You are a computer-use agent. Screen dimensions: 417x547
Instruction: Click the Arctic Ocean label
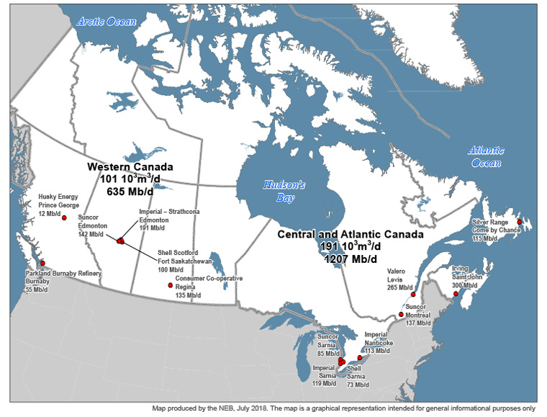click(107, 22)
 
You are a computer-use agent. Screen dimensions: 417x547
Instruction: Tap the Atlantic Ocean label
click(485, 157)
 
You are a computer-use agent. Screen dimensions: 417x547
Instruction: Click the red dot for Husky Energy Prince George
click(65, 218)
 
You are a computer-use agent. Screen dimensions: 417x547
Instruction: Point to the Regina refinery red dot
click(171, 286)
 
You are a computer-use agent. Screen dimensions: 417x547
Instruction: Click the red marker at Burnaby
click(42, 263)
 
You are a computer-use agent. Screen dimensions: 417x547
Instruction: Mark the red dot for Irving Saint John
click(456, 294)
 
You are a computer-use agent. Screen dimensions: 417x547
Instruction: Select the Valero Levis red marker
click(413, 295)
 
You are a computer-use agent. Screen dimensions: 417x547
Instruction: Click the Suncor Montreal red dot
click(401, 315)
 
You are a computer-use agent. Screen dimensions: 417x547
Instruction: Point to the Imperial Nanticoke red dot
click(360, 357)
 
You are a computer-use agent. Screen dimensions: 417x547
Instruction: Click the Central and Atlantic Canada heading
click(351, 235)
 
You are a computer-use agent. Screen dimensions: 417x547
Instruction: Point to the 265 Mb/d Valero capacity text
click(400, 287)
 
